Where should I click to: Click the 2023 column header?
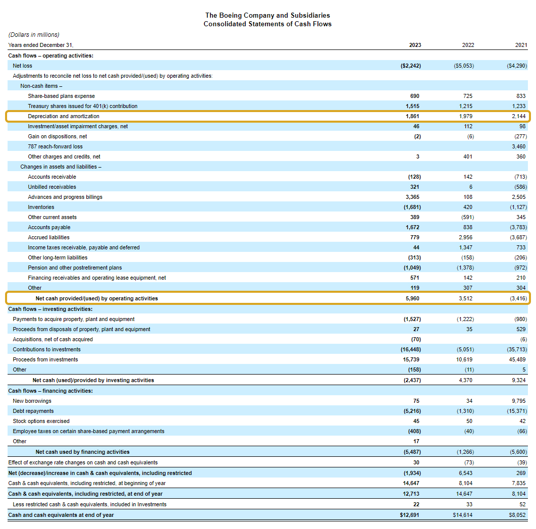[x=414, y=45]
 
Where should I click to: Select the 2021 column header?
[x=521, y=45]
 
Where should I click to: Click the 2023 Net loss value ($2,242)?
[x=410, y=66]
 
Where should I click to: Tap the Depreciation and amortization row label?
[x=64, y=116]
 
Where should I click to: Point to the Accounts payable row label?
[x=49, y=227]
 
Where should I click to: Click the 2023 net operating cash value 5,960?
[x=412, y=298]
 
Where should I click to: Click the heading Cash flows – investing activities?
[x=50, y=309]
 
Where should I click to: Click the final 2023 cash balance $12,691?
[x=409, y=515]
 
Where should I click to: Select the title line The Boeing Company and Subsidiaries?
[x=267, y=16]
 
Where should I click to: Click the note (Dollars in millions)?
[x=34, y=35]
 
